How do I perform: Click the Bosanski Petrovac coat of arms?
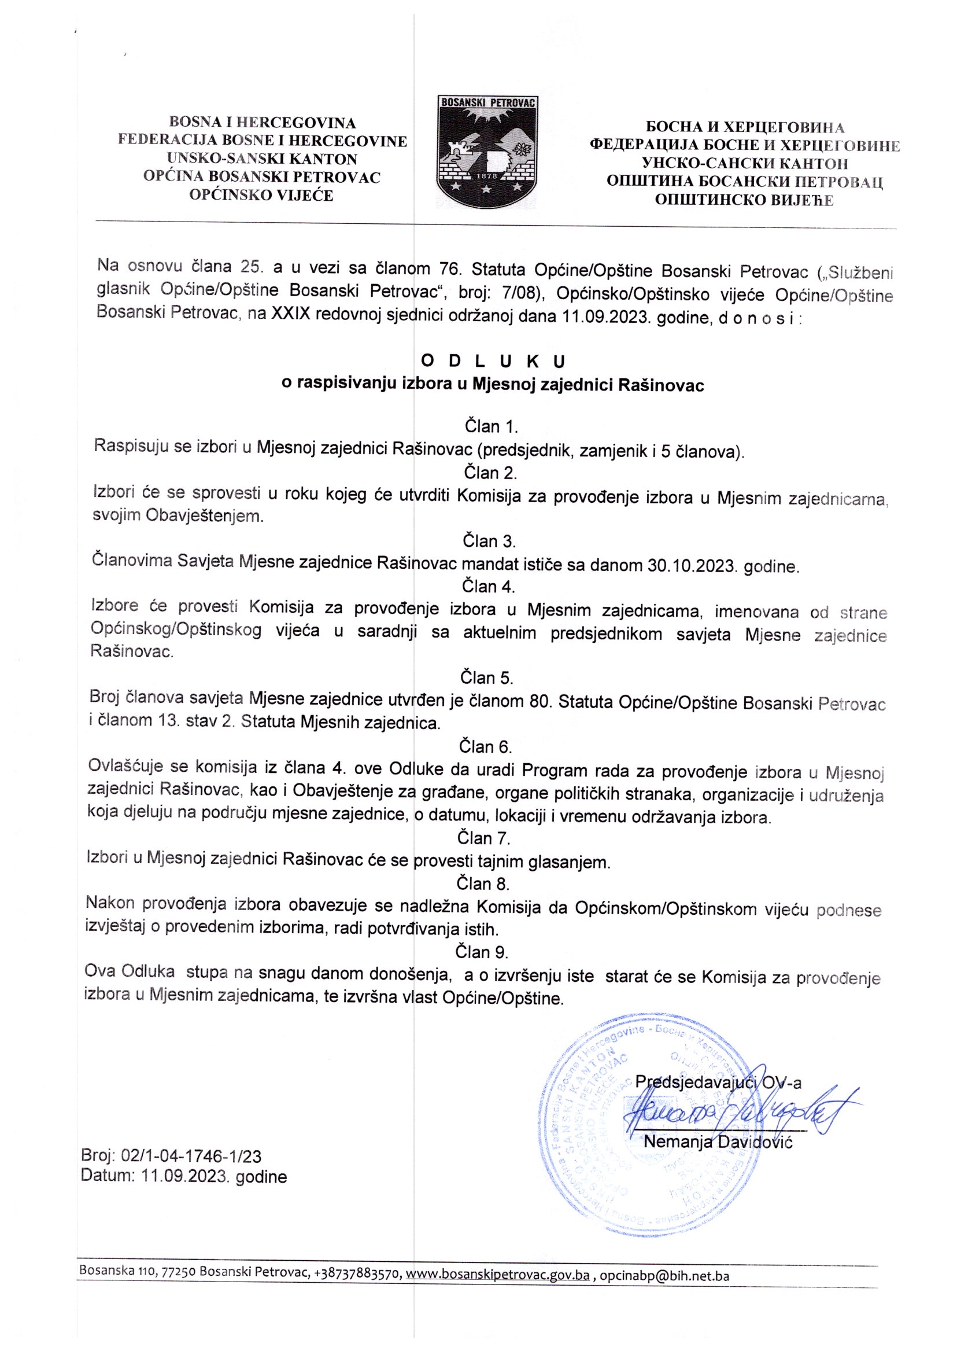(487, 152)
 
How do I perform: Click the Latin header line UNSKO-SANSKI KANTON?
(262, 159)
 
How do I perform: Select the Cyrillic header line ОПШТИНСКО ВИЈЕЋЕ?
(745, 200)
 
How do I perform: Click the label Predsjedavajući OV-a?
(718, 1082)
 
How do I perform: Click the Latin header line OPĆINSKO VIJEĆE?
(261, 195)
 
